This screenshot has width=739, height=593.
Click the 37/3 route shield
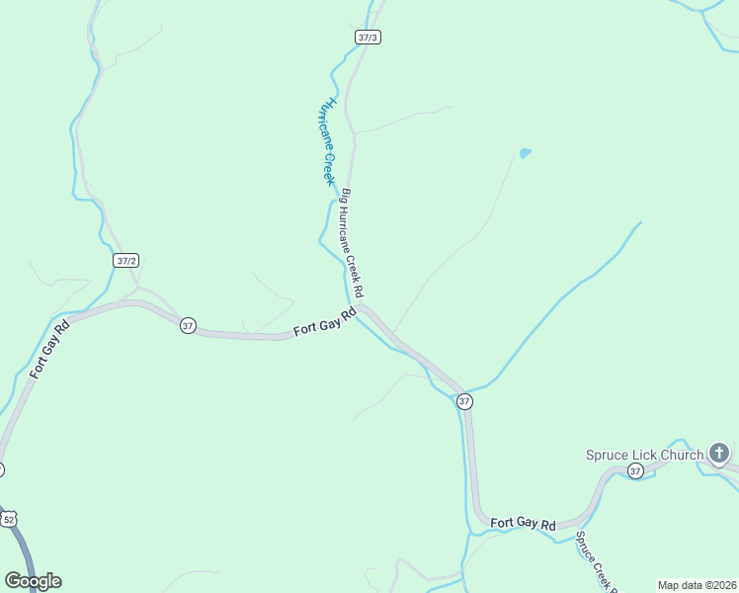tap(368, 37)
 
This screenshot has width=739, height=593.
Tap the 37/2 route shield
tap(125, 261)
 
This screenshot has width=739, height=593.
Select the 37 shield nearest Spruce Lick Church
tap(634, 471)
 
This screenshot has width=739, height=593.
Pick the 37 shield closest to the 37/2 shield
tap(188, 325)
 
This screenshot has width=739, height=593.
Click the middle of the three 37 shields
tap(464, 401)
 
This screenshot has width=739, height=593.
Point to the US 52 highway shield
tap(9, 519)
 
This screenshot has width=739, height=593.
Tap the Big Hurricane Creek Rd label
tap(353, 243)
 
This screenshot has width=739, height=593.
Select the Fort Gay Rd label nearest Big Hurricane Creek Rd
tap(325, 322)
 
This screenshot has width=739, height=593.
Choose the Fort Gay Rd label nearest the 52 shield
tap(48, 349)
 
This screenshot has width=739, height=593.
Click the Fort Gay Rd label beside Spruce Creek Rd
tap(524, 523)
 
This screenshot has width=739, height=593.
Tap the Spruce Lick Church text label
tap(644, 455)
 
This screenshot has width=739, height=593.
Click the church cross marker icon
tap(718, 455)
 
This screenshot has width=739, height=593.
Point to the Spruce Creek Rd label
tap(596, 563)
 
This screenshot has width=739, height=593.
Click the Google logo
tap(33, 581)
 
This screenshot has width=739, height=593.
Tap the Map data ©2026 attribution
tap(696, 585)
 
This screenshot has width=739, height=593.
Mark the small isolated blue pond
tap(525, 153)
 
